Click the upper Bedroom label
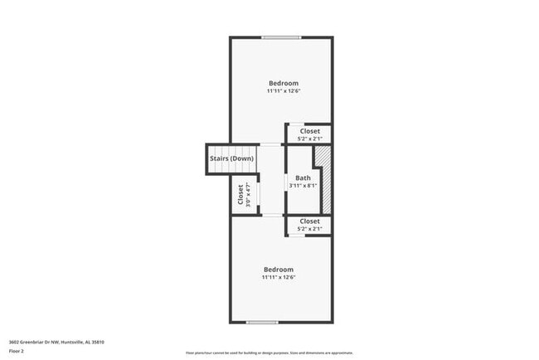(283, 83)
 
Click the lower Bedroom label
(279, 269)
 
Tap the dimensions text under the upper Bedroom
(283, 91)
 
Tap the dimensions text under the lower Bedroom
(279, 277)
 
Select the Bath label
(303, 178)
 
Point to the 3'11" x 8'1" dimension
(303, 186)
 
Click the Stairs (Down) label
(231, 158)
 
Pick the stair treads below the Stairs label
(218, 168)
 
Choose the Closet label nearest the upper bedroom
(310, 130)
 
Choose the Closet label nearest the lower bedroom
(310, 221)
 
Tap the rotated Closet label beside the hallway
(240, 194)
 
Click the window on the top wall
(281, 37)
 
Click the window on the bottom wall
(262, 322)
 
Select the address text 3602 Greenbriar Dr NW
(56, 342)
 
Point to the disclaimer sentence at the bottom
(269, 353)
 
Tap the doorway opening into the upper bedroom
(271, 144)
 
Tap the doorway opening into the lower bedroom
(272, 216)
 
